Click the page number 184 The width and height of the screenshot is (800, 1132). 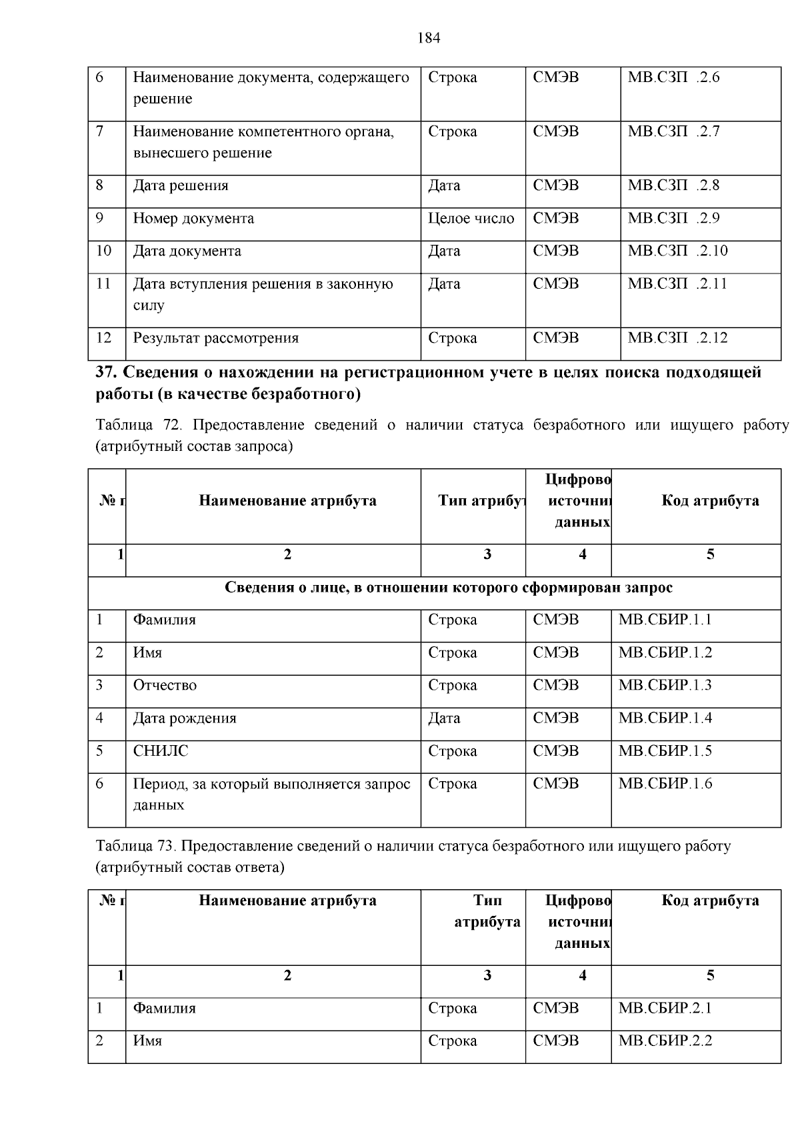coord(429,38)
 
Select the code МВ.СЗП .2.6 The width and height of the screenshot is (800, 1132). coord(673,77)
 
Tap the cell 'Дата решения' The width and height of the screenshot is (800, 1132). coord(181,185)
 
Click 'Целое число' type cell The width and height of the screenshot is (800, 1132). coord(471,218)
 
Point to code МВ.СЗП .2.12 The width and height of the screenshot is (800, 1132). coord(677,338)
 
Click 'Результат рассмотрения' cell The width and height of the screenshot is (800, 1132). coord(216,338)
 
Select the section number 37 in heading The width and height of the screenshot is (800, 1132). coord(106,372)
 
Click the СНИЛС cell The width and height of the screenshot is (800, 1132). coord(161,750)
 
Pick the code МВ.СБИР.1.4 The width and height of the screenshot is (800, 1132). coord(665,718)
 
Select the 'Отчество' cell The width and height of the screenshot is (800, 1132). coord(165,685)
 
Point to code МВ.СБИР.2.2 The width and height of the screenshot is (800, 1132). coord(665,1040)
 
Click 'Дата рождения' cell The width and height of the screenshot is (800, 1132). coord(185,718)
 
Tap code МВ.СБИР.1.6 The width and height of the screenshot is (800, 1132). coord(665,783)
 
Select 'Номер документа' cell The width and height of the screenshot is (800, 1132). coord(193,218)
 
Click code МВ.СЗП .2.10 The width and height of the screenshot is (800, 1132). coord(677,251)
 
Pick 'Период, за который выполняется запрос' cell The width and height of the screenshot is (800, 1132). coord(271,784)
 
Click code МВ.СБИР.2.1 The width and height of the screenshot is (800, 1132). coord(665,1007)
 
